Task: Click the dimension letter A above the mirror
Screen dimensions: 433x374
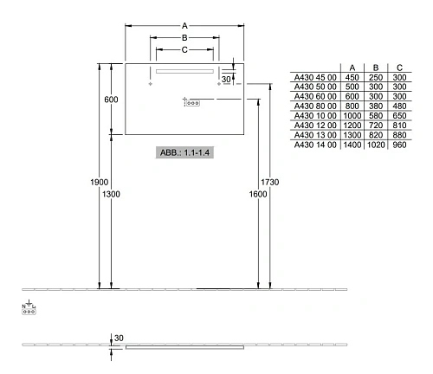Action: click(x=184, y=26)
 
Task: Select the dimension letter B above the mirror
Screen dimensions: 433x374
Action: click(x=184, y=38)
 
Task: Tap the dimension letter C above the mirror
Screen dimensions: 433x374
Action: click(x=184, y=50)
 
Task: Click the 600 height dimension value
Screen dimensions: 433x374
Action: click(x=111, y=100)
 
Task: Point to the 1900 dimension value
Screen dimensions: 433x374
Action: click(x=100, y=182)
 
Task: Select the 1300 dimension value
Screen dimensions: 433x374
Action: click(x=111, y=194)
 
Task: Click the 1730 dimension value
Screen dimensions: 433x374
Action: click(x=270, y=182)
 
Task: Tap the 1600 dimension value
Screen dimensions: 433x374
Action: click(x=258, y=194)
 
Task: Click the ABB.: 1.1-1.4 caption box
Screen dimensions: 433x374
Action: click(x=184, y=152)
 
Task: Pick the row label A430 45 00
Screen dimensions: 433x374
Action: click(x=315, y=78)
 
